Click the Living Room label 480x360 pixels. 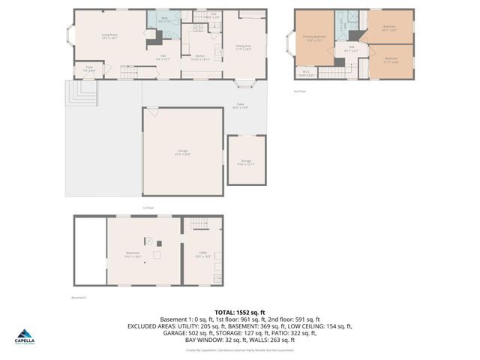pyautogui.click(x=109, y=35)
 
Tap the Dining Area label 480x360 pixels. pyautogui.click(x=243, y=46)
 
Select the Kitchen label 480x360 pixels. pyautogui.click(x=200, y=58)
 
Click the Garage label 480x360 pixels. pyautogui.click(x=182, y=152)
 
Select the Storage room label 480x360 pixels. pyautogui.click(x=246, y=161)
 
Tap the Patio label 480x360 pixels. pyautogui.click(x=241, y=106)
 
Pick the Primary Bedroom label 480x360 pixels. pyautogui.click(x=313, y=37)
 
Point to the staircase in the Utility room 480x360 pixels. pyautogui.click(x=197, y=224)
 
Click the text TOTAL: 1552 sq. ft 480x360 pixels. pyautogui.click(x=239, y=312)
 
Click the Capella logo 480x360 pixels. pyautogui.click(x=25, y=337)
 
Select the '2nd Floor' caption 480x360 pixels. pyautogui.click(x=299, y=91)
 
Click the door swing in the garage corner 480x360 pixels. pyautogui.click(x=152, y=112)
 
